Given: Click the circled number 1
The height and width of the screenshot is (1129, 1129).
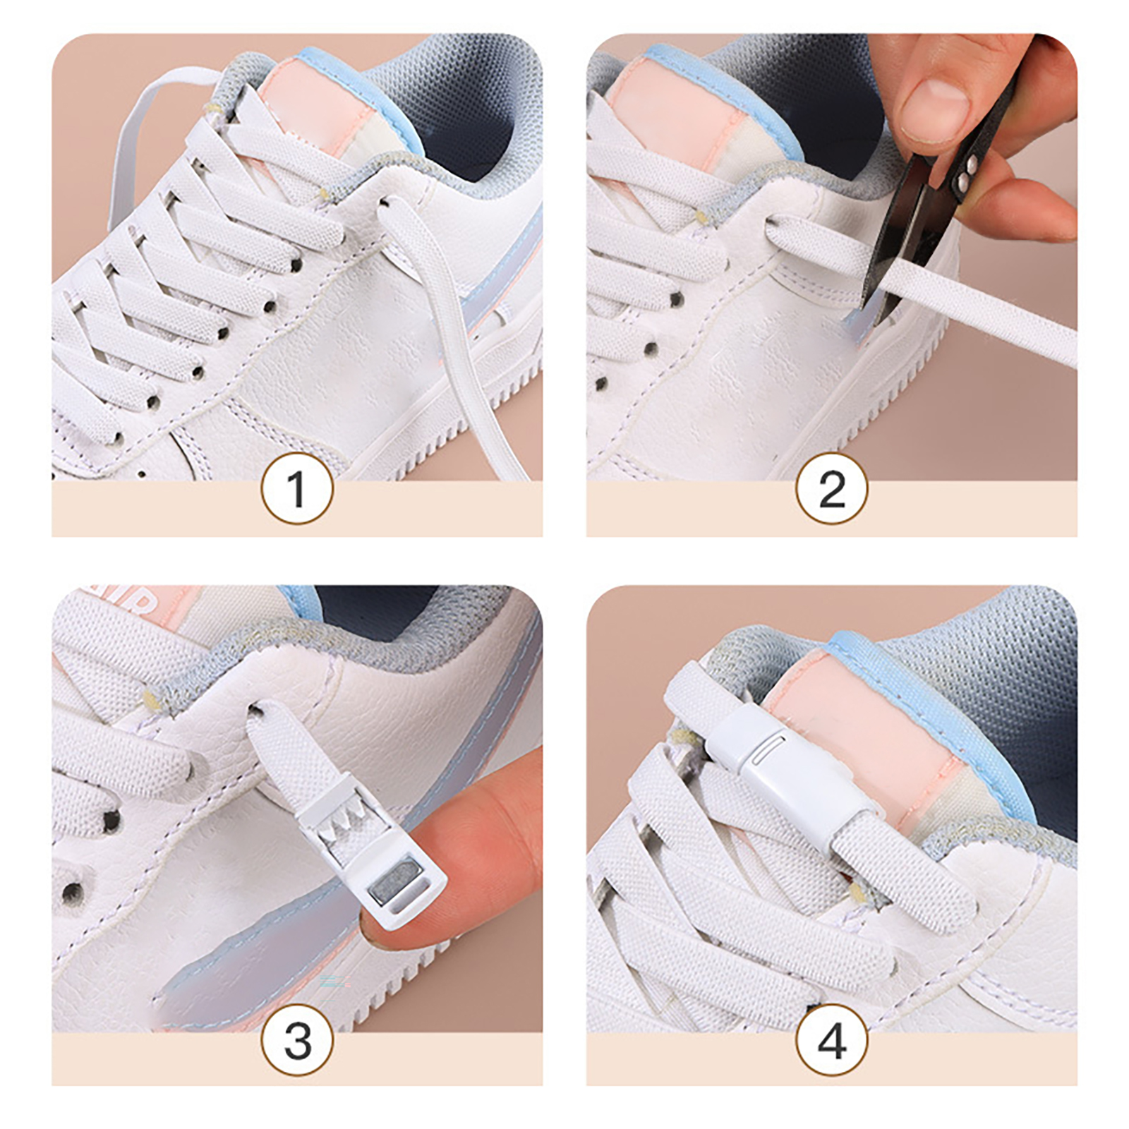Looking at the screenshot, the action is pyautogui.click(x=296, y=488).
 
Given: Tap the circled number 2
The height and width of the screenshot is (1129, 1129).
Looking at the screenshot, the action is pyautogui.click(x=832, y=488).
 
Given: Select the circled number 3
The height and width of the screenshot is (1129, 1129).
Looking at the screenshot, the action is pyautogui.click(x=296, y=1040).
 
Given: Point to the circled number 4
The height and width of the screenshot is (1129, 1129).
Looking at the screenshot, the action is pyautogui.click(x=832, y=1040).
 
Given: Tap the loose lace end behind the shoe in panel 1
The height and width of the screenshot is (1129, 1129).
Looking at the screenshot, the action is pyautogui.click(x=141, y=141).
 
